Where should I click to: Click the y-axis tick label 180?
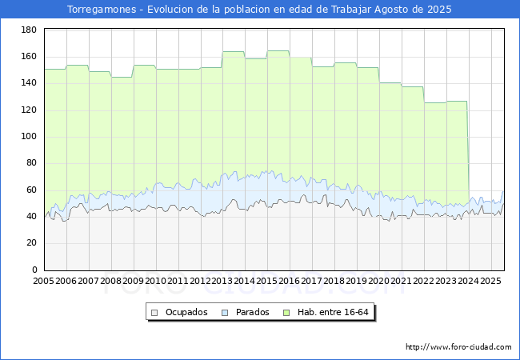coord(29,30)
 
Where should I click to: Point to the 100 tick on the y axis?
coord(29,137)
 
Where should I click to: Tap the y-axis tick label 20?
coord(31,243)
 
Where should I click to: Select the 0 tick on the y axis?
coord(34,270)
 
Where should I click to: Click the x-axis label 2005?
coord(44,282)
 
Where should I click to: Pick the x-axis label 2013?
coord(222,282)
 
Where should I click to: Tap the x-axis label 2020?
coord(379,282)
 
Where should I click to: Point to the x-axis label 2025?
coord(490,282)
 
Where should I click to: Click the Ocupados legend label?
coord(186,312)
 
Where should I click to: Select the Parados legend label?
coord(252,312)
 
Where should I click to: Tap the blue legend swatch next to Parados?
coord(226,312)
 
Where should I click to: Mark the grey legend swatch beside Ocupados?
coord(155,312)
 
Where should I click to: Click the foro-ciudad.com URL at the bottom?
coord(458,347)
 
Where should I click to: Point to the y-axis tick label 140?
coord(29,83)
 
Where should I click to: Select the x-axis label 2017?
coord(312,282)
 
